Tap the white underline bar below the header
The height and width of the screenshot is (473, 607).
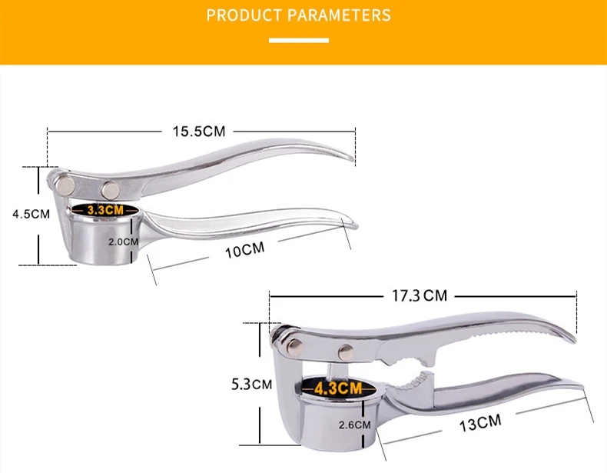(x=299, y=40)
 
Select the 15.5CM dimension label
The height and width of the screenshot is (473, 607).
(x=197, y=132)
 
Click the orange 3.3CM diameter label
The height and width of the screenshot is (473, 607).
(x=104, y=209)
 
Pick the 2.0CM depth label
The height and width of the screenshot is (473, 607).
(x=123, y=241)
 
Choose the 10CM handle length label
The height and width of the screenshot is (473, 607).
(x=244, y=250)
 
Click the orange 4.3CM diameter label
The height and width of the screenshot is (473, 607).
(x=338, y=388)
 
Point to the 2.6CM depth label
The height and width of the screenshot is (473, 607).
(x=354, y=424)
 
